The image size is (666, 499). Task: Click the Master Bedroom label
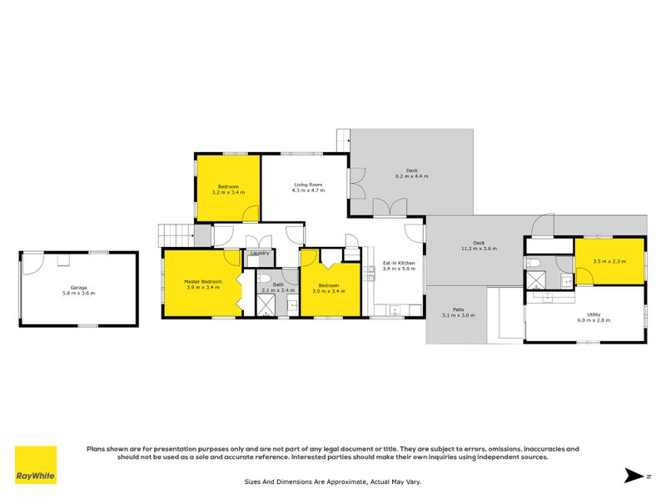click(203, 281)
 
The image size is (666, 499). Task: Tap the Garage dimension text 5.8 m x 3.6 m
click(78, 293)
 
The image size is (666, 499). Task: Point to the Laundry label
click(259, 253)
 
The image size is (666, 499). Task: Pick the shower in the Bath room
click(265, 306)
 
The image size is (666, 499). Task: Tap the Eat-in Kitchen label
click(398, 264)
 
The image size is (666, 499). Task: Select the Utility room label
click(594, 314)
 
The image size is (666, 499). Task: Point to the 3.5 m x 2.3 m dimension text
click(609, 261)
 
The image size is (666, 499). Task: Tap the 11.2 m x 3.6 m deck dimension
click(479, 248)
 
